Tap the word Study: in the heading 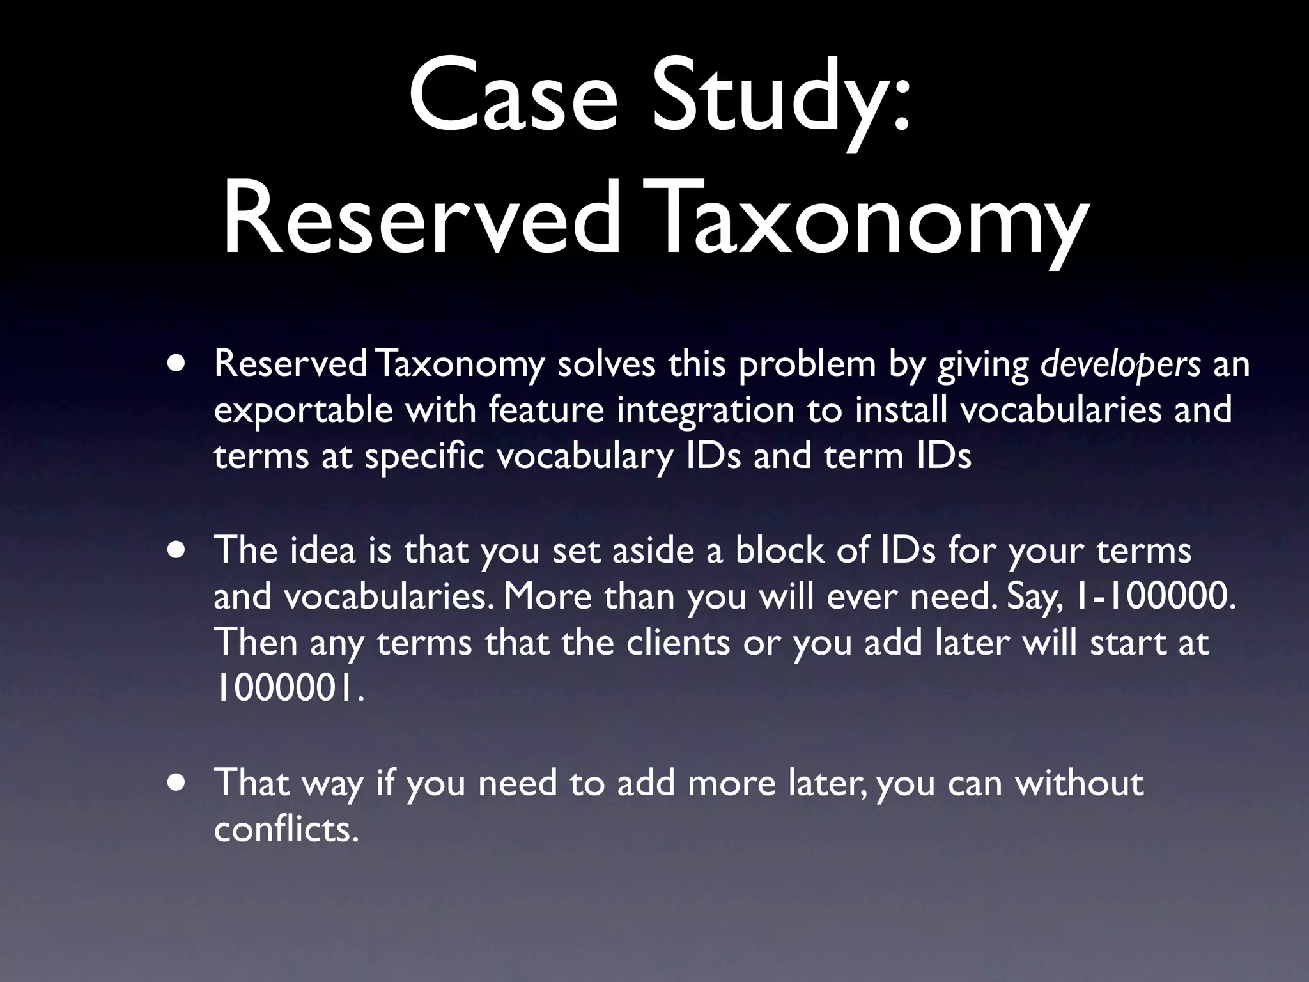pos(780,96)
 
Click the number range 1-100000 pos(1156,596)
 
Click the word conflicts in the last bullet pos(285,829)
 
